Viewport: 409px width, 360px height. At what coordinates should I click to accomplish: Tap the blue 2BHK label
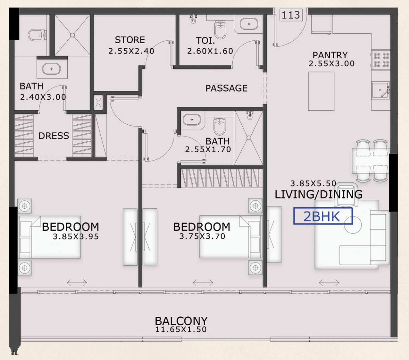[323, 216]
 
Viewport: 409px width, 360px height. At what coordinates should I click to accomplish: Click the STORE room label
[130, 40]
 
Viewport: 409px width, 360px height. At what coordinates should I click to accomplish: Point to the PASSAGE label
[226, 88]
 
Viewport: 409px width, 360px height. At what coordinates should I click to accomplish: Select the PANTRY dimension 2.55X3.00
[332, 64]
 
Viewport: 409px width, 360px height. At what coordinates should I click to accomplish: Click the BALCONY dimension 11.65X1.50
[181, 330]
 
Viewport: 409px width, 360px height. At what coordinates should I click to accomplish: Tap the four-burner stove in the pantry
[381, 60]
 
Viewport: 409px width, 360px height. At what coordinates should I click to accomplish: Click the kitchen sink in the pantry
[381, 90]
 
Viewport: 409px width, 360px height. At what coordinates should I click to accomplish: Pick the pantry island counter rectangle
[321, 91]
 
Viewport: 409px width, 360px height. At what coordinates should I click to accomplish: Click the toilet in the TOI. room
[220, 29]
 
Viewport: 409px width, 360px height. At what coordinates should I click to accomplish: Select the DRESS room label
[54, 136]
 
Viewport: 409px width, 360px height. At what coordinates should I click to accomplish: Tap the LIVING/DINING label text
[319, 195]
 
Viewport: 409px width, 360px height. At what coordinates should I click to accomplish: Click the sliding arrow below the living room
[329, 283]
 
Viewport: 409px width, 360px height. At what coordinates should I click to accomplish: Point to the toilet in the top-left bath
[37, 35]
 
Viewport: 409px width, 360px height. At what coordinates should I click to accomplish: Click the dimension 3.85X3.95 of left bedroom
[76, 237]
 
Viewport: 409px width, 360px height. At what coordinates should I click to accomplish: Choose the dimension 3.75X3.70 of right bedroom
[202, 237]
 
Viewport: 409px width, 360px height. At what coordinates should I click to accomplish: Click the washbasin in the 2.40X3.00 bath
[51, 69]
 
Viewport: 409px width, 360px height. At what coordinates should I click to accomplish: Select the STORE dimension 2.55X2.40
[131, 51]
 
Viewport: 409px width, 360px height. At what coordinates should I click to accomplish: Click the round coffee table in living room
[353, 225]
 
